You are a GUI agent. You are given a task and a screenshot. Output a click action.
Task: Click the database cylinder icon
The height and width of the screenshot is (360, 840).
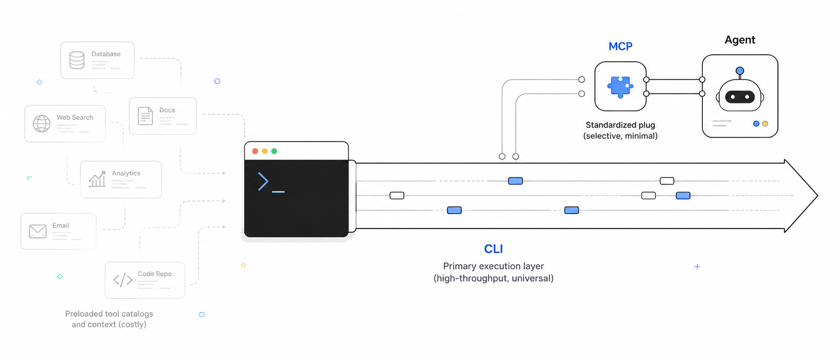pyautogui.click(x=77, y=60)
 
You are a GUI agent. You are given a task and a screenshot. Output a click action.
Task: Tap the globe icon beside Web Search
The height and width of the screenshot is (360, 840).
pyautogui.click(x=42, y=123)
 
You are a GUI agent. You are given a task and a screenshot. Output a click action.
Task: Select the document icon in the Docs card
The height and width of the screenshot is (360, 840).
pyautogui.click(x=145, y=116)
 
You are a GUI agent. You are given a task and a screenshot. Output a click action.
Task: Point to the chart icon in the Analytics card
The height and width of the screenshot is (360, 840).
pyautogui.click(x=97, y=179)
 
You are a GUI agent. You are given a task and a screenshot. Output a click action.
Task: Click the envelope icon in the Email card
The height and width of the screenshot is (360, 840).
pyautogui.click(x=38, y=231)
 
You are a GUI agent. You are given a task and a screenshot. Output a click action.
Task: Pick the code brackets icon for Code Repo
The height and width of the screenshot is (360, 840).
pyautogui.click(x=123, y=280)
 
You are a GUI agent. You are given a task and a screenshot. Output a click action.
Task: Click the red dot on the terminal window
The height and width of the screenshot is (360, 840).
pyautogui.click(x=255, y=151)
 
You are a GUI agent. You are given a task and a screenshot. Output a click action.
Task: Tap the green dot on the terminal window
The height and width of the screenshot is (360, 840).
pyautogui.click(x=274, y=151)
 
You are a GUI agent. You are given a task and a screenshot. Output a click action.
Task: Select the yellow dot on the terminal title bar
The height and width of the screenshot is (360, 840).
pyautogui.click(x=264, y=151)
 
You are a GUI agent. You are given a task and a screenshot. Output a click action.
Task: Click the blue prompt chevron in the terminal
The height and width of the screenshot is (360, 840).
pyautogui.click(x=263, y=182)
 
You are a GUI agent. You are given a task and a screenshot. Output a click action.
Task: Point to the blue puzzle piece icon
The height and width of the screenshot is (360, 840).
pyautogui.click(x=620, y=87)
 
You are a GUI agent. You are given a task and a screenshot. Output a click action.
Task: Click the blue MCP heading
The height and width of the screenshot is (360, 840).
pyautogui.click(x=620, y=46)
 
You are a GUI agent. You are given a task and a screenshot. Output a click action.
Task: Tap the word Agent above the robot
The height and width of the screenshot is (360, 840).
pyautogui.click(x=740, y=40)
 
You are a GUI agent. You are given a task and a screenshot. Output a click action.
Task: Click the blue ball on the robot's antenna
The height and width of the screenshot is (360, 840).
pyautogui.click(x=740, y=71)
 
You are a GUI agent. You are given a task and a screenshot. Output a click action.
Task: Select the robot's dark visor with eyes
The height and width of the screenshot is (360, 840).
pyautogui.click(x=740, y=97)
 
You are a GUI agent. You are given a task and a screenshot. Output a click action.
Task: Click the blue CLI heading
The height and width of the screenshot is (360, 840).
pyautogui.click(x=493, y=249)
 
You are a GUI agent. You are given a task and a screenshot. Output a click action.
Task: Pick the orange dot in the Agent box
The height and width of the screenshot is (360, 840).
pyautogui.click(x=765, y=124)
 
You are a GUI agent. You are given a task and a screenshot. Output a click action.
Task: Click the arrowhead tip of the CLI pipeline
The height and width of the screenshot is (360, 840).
pyautogui.click(x=817, y=196)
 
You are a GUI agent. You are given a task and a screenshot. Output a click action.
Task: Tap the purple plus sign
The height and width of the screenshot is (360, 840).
pyautogui.click(x=697, y=267)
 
